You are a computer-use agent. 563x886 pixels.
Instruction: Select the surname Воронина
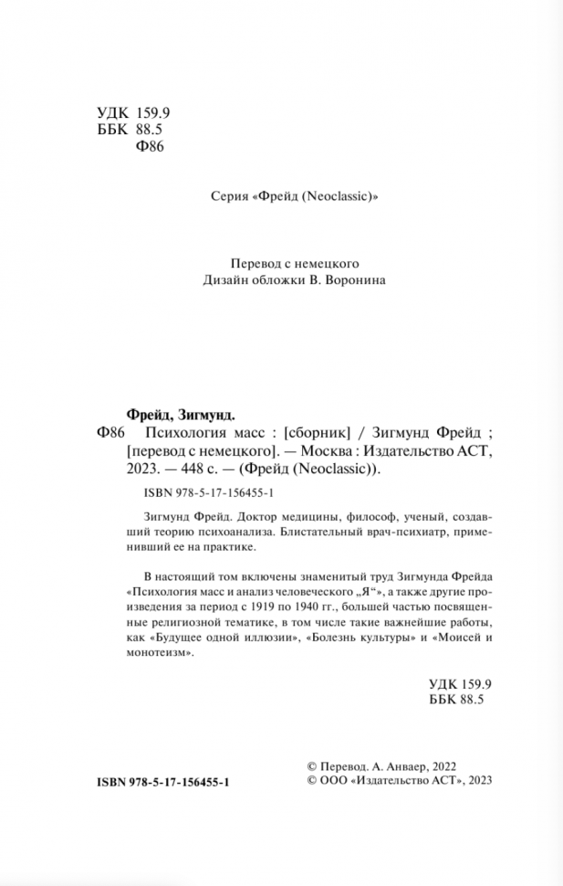click(356, 281)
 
